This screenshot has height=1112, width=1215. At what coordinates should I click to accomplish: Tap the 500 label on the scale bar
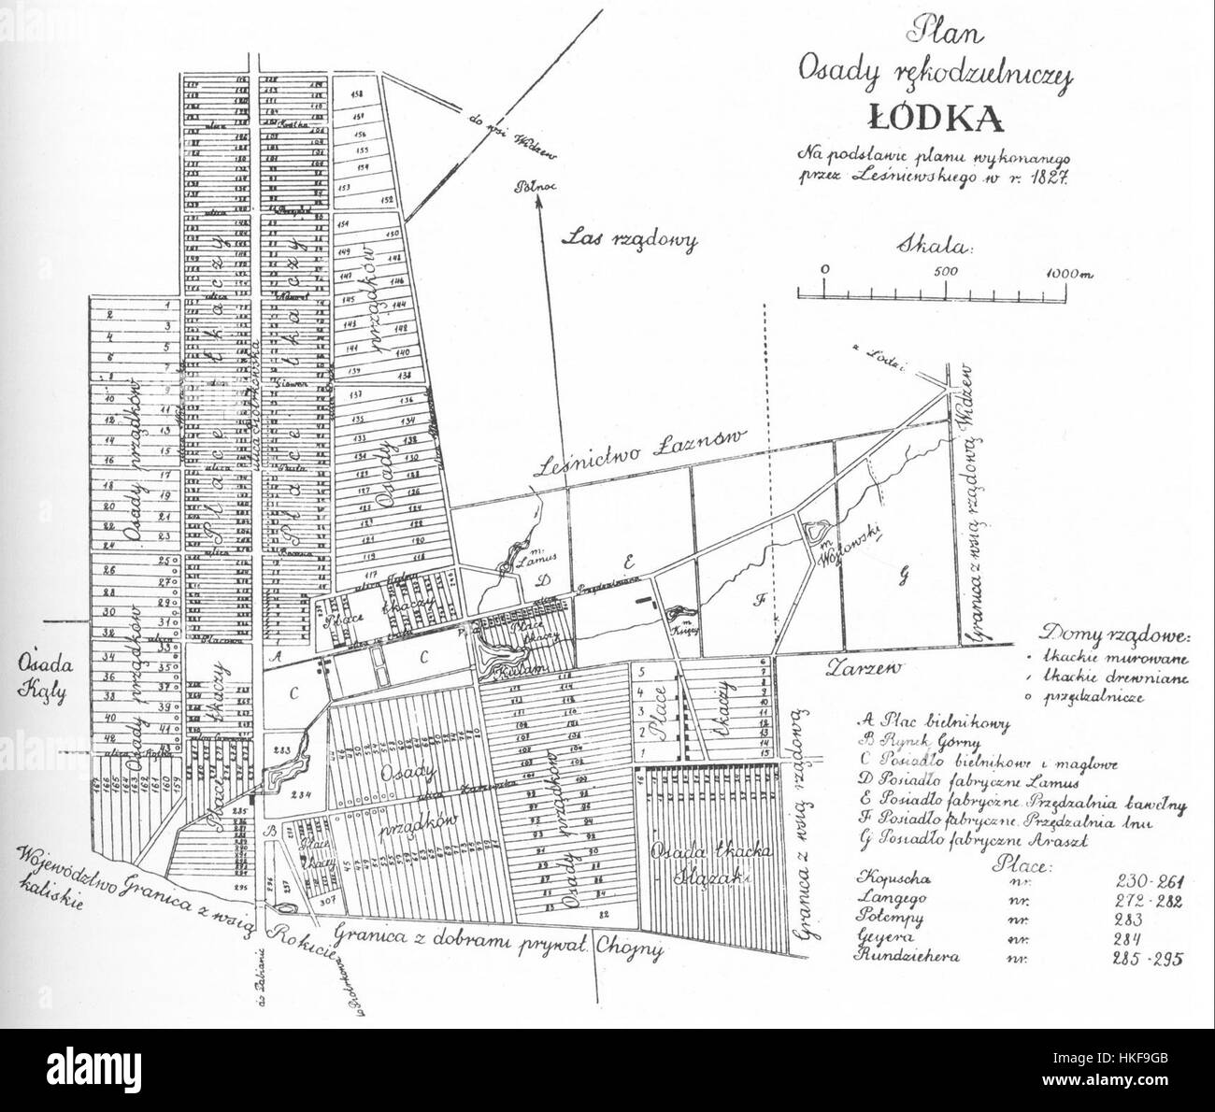click(945, 270)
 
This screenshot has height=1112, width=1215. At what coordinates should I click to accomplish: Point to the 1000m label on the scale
click(1068, 272)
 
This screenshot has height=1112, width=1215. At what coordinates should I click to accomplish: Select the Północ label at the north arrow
click(535, 186)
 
